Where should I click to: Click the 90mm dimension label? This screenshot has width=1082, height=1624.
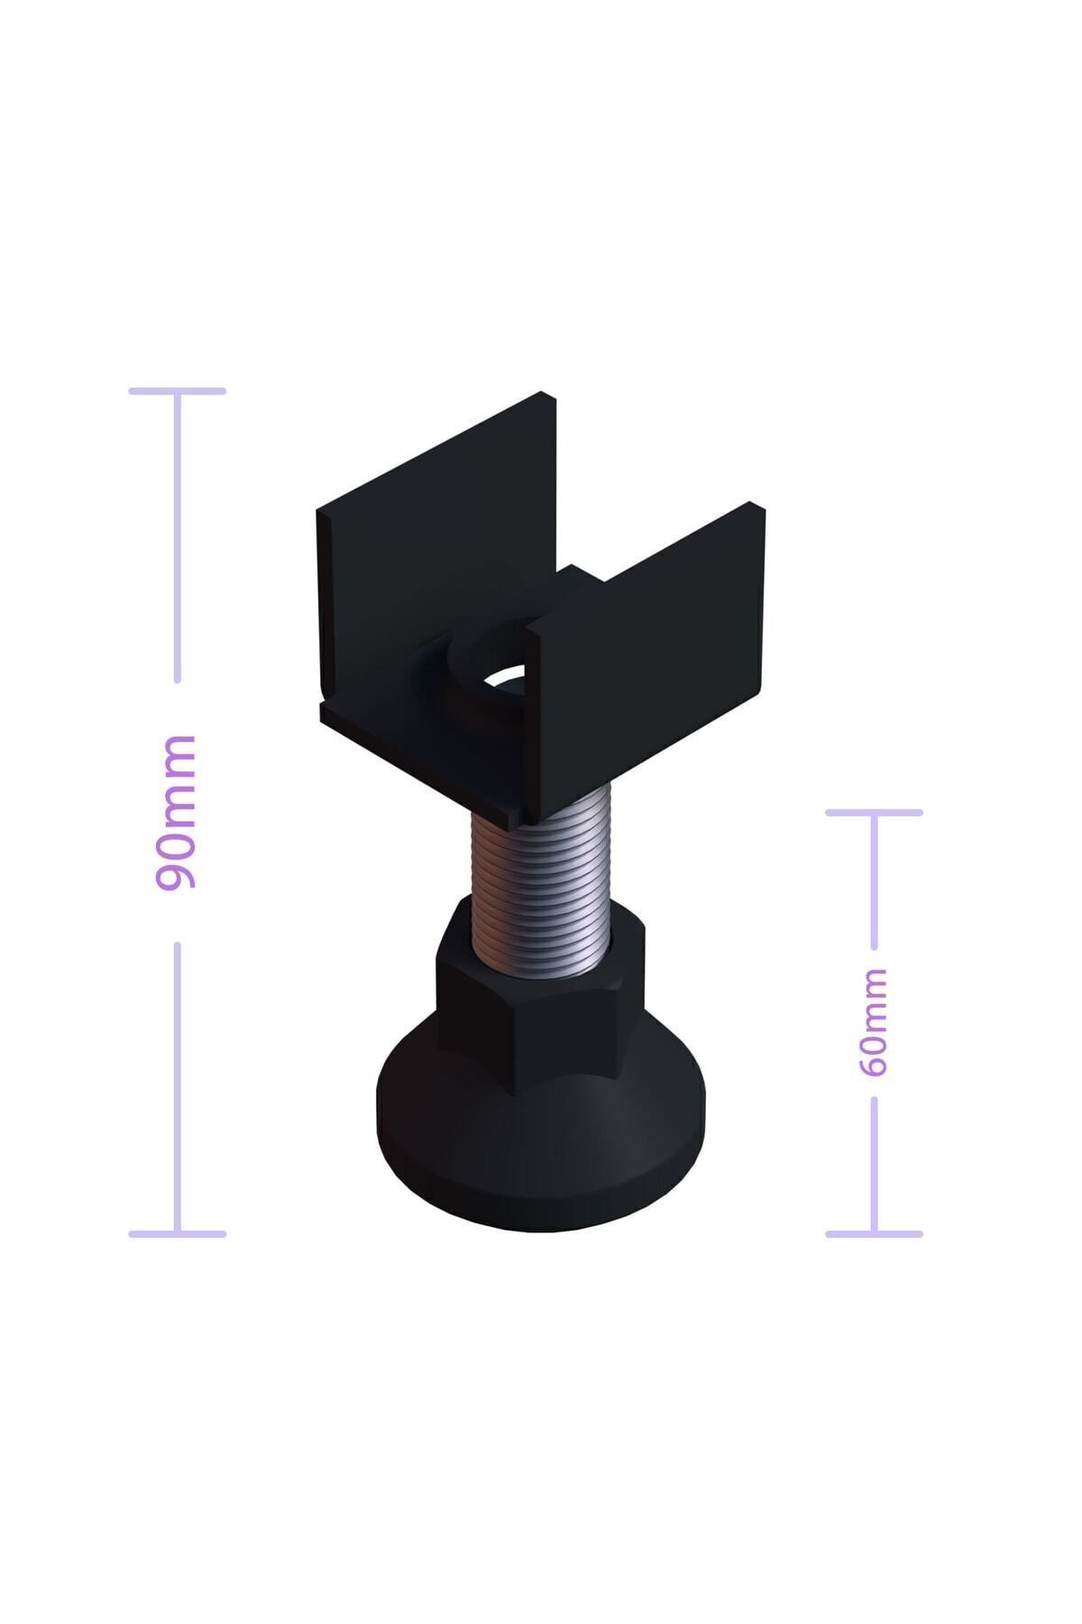tap(177, 812)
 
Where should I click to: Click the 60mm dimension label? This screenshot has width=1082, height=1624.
tap(873, 1022)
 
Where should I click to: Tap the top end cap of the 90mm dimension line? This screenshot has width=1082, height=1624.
tap(177, 391)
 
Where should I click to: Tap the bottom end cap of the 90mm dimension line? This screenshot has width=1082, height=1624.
tap(177, 1233)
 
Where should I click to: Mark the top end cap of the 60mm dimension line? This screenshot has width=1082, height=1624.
tap(874, 812)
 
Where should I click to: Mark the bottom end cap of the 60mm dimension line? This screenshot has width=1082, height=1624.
tap(874, 1233)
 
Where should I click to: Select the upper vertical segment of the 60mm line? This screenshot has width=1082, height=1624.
tap(874, 881)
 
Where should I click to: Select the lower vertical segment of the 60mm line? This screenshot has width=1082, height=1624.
tap(874, 1164)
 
